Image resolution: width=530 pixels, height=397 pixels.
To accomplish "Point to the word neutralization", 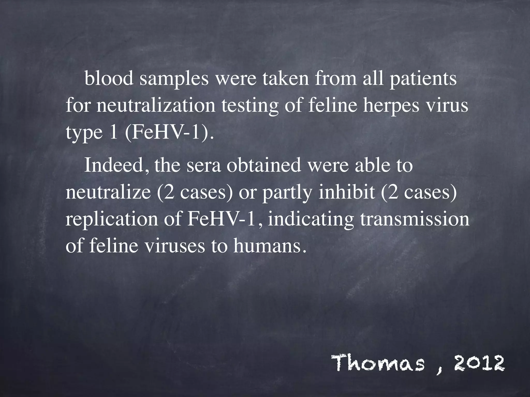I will (156, 106).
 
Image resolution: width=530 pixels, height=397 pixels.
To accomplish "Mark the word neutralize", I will (108, 193).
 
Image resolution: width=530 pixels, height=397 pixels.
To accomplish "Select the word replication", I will (112, 220).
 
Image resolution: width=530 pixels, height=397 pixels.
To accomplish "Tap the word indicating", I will (311, 220).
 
